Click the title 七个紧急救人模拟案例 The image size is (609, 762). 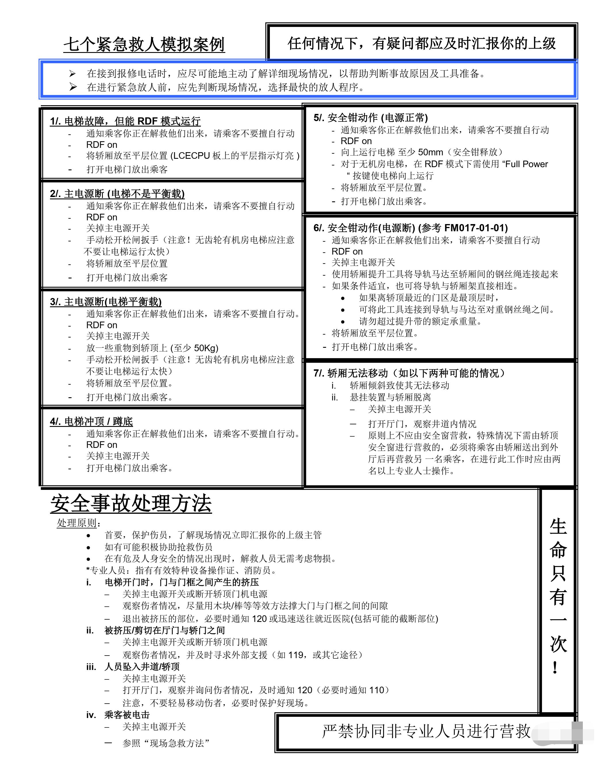point(144,45)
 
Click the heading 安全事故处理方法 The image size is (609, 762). point(131,503)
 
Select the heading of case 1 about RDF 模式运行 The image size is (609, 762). point(125,121)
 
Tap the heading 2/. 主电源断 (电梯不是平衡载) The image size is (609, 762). point(117,194)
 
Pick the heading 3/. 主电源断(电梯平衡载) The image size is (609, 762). point(106,302)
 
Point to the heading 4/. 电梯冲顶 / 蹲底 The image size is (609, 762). point(91,422)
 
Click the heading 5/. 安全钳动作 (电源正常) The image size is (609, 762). point(371,118)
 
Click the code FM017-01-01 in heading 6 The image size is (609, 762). point(476,228)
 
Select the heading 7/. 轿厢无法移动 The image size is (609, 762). point(409,373)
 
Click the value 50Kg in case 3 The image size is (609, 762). point(206,348)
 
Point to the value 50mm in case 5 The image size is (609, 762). point(430,152)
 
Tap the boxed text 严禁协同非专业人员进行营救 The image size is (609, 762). point(426,731)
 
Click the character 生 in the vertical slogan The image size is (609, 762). point(558,527)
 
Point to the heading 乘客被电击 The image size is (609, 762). point(127,715)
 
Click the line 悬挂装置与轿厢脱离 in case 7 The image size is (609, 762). point(390,397)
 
